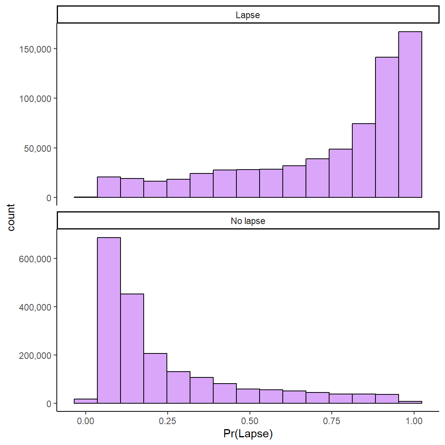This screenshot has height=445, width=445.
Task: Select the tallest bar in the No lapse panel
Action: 109,320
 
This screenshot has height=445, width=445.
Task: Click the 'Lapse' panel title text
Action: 248,15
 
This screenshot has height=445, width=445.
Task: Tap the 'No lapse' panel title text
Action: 248,221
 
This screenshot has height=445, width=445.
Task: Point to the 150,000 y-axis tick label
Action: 35,49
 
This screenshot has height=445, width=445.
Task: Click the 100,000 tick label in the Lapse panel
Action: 35,99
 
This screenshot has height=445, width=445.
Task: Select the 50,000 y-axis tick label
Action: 37,149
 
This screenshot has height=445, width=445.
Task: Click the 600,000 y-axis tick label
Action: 35,259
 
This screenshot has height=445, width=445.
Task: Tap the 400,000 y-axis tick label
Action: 35,307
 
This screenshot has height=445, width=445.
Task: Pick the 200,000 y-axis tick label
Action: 35,356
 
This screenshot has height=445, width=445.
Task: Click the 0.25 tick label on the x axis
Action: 167,421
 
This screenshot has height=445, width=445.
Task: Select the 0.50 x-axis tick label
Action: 250,421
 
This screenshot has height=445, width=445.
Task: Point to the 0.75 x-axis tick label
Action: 332,421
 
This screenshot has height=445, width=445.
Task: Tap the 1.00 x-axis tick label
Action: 414,421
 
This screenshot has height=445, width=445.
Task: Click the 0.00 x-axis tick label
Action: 85,421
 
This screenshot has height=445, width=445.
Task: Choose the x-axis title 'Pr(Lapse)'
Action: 248,434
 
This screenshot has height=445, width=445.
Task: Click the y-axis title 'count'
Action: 11,217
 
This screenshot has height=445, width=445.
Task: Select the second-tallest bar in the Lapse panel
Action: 387,127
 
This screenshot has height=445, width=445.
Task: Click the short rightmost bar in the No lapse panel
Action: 410,402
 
